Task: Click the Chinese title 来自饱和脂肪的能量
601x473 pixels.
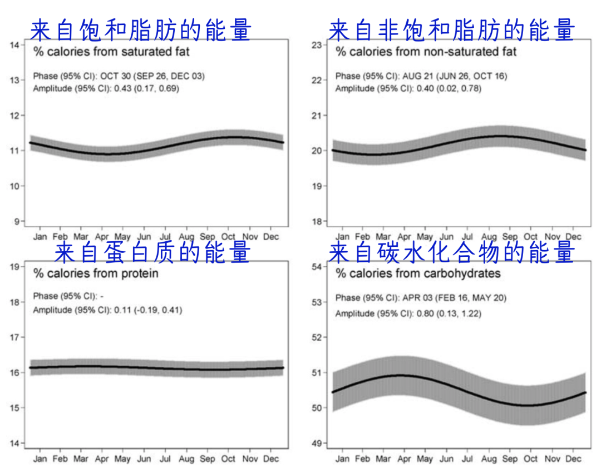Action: [141, 30]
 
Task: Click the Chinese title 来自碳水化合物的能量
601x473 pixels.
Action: [451, 252]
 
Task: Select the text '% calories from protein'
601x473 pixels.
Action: [96, 273]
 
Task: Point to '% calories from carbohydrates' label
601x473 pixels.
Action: [418, 273]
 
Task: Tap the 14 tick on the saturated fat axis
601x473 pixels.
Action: [15, 45]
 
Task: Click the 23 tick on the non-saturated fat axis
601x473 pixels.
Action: [317, 45]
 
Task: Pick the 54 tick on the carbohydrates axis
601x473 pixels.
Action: [317, 266]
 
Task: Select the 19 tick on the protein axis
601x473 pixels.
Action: [15, 266]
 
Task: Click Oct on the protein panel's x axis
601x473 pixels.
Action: [228, 459]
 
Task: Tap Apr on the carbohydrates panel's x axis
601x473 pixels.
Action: [404, 459]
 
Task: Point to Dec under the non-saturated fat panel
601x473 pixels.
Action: [573, 237]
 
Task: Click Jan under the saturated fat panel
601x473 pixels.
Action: [40, 237]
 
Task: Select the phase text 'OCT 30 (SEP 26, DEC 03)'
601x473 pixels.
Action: [152, 76]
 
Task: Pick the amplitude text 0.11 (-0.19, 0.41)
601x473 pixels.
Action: [148, 310]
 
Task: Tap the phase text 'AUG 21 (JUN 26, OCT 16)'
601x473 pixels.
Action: [455, 76]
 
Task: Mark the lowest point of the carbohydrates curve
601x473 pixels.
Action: [529, 405]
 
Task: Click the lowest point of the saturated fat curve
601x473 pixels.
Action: [109, 154]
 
